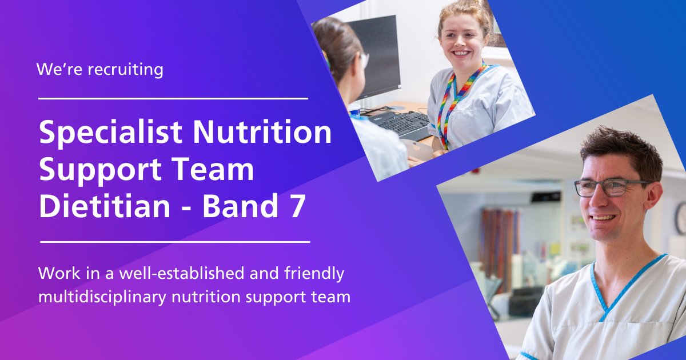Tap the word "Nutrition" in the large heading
click(262, 133)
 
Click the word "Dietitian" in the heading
click(104, 207)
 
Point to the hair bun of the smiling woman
click(472, 7)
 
